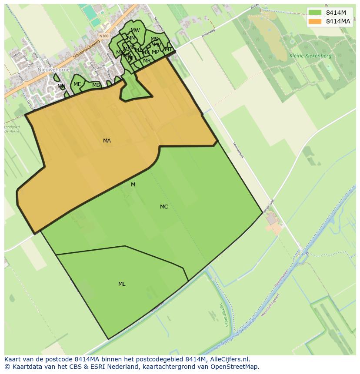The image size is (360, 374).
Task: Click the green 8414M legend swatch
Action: click(314, 13)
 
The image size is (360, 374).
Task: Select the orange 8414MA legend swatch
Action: click(314, 21)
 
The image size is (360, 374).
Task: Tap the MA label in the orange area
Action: click(107, 141)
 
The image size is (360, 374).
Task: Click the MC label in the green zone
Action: click(164, 207)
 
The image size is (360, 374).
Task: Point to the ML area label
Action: click(122, 284)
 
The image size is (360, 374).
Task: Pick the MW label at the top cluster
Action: click(135, 30)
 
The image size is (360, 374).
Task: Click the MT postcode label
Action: click(169, 50)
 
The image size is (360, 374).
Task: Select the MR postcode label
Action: click(147, 61)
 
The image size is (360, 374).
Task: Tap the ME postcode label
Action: click(77, 84)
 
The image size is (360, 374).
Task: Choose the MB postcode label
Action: click(96, 85)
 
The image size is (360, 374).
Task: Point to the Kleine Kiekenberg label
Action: click(310, 56)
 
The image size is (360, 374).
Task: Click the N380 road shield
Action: click(103, 36)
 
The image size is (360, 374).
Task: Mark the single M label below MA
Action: click(133, 185)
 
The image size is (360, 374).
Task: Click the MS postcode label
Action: click(154, 39)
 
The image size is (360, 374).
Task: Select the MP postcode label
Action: click(155, 52)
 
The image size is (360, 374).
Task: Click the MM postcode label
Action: click(131, 38)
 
